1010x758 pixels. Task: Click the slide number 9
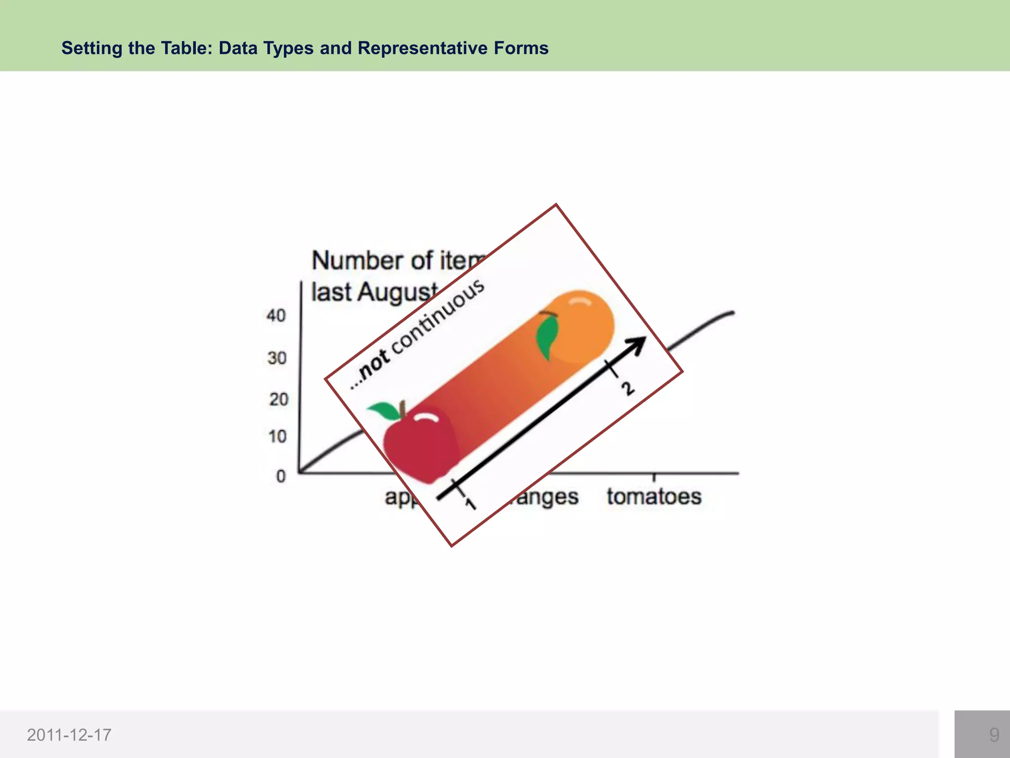994,735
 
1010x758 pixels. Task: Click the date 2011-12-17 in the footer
69,735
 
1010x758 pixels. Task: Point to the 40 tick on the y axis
276,315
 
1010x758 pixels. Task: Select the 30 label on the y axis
277,358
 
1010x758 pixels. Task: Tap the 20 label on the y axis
278,399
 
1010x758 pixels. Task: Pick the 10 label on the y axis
278,436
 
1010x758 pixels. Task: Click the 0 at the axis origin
281,476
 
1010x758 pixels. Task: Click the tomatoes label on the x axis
654,496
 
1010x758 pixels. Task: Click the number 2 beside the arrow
628,389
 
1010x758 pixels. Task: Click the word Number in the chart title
359,261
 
